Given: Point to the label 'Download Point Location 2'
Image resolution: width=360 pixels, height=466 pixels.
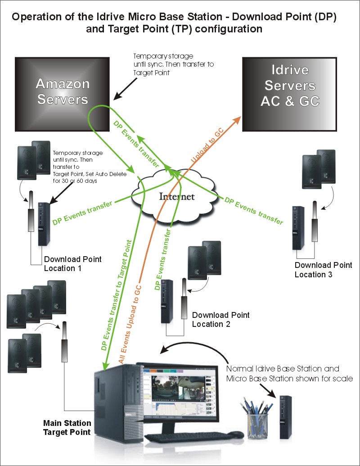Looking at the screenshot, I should [x=220, y=319].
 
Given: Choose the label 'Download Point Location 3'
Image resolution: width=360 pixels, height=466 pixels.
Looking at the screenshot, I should [x=323, y=270].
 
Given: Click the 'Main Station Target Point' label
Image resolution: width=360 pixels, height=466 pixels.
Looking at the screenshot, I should [x=67, y=428].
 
